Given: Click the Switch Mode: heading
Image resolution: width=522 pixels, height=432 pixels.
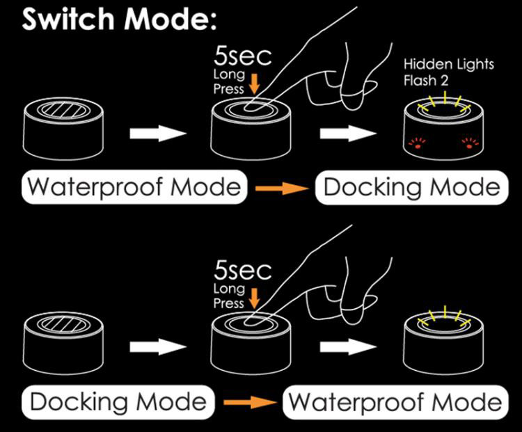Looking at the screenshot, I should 120,19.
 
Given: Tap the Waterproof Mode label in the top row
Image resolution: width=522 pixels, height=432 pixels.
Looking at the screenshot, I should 134,188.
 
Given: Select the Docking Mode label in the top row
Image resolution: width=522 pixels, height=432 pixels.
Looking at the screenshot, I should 411,188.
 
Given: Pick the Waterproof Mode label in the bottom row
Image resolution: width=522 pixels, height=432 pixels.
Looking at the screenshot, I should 395,401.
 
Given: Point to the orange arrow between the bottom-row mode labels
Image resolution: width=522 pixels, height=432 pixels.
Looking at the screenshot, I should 247,401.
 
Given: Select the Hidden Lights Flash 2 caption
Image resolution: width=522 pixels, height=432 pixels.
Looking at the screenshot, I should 449,72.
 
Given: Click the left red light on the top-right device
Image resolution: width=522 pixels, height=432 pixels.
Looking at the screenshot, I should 417,144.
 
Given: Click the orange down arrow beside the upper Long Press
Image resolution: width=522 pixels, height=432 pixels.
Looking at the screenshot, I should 254,85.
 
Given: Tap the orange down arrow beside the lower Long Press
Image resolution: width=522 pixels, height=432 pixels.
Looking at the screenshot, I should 254,298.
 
